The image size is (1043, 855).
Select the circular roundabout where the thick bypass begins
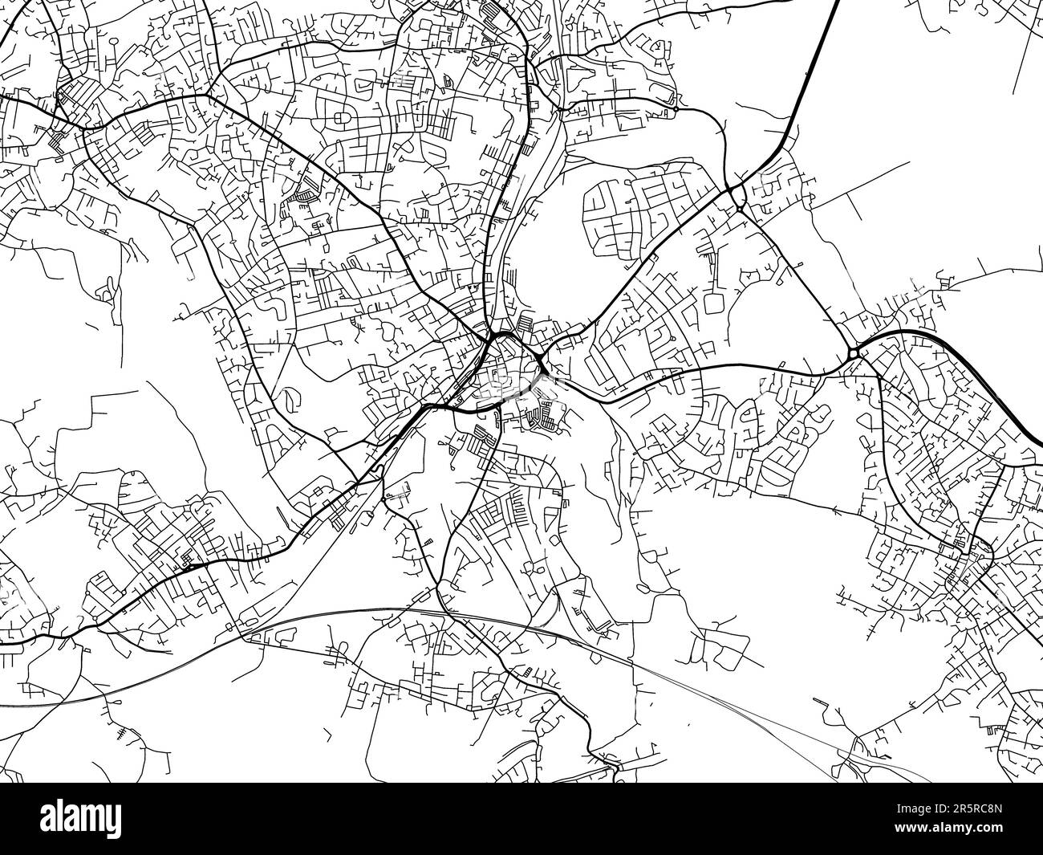pos(853,352)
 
